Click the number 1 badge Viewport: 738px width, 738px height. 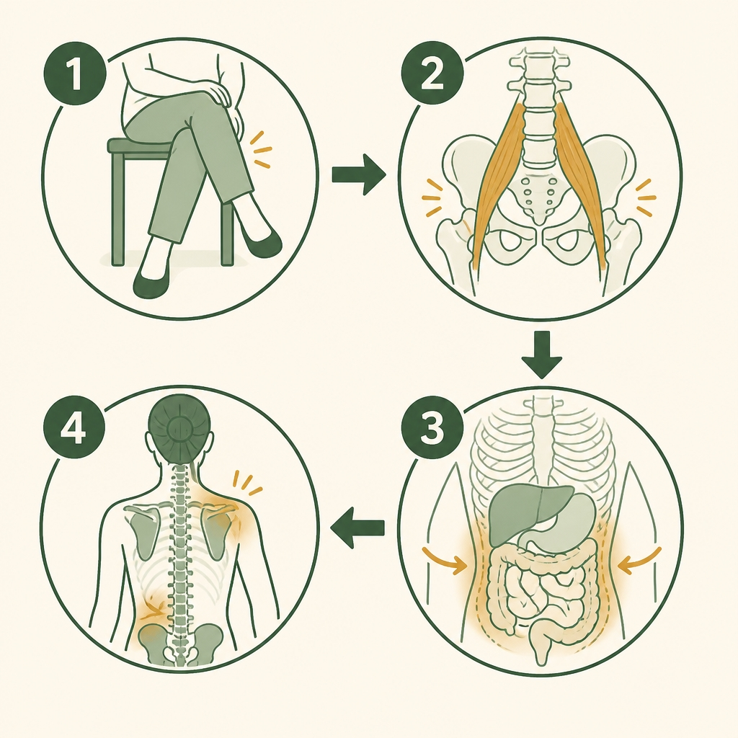pos(75,75)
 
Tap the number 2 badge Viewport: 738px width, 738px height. pos(432,75)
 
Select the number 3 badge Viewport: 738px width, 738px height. pos(432,429)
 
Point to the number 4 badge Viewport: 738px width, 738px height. pos(74,429)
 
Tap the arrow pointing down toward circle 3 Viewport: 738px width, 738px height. pos(542,355)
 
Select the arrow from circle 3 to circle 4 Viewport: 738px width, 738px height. pos(357,527)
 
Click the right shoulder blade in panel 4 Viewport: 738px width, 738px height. pos(218,531)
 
